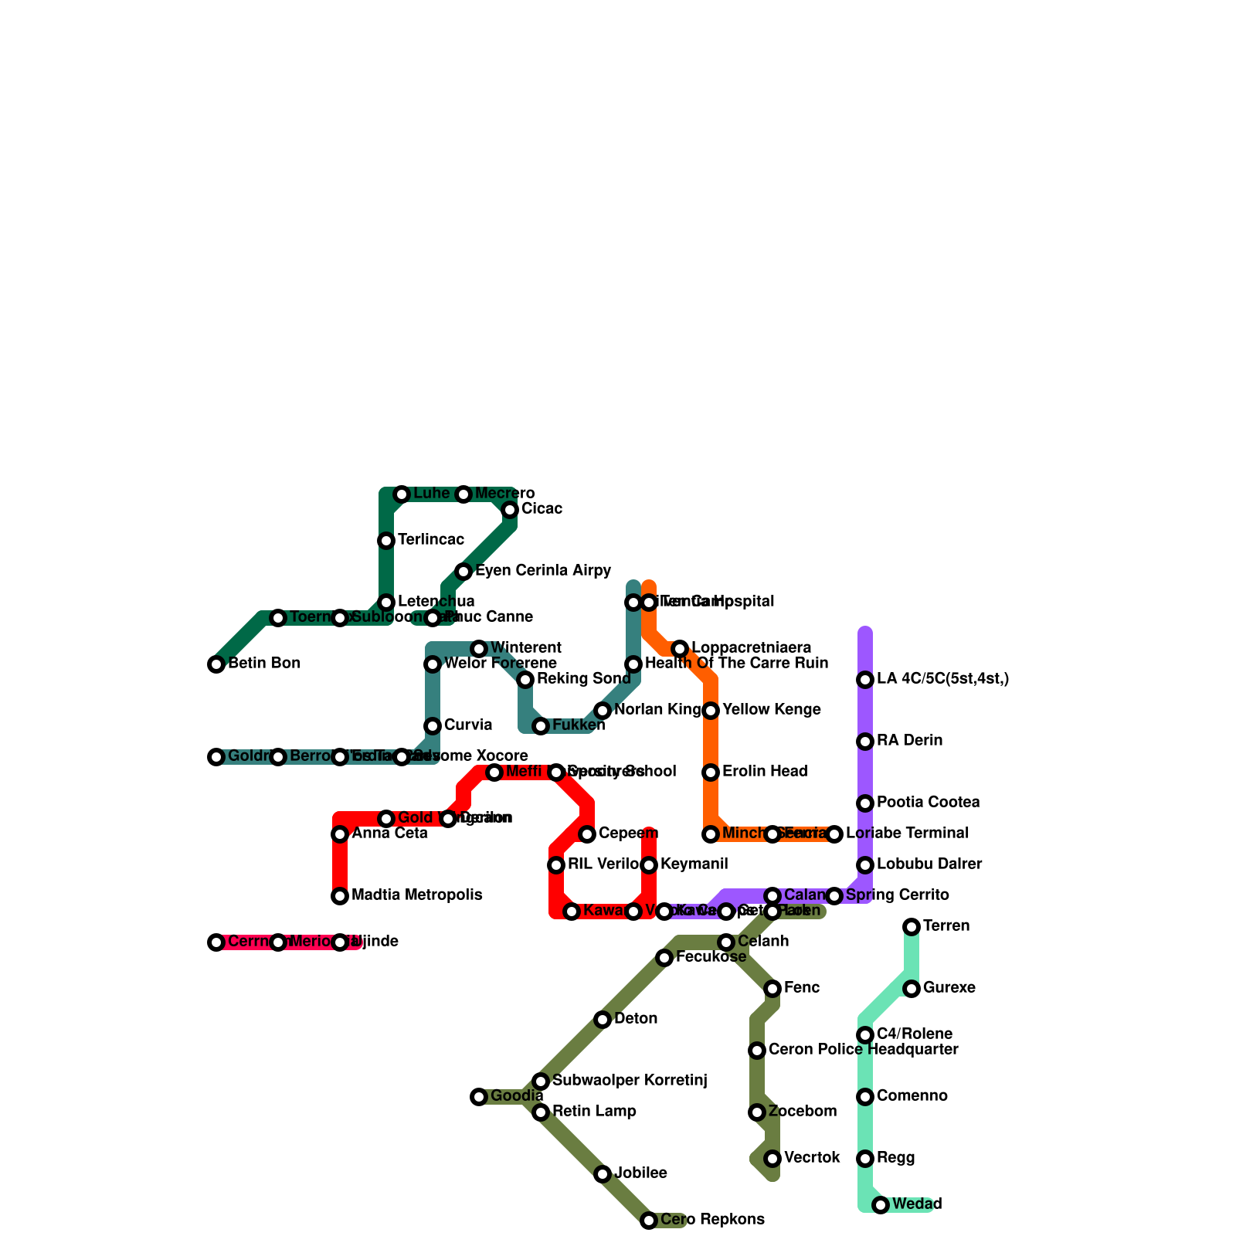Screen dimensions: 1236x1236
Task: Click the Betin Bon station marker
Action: point(216,664)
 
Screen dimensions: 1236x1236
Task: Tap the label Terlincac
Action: point(431,540)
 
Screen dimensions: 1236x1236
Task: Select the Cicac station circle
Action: point(510,510)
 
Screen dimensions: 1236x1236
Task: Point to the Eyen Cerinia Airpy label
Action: point(543,571)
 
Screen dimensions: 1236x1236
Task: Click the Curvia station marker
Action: point(433,726)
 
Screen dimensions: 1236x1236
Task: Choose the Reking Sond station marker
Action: point(525,680)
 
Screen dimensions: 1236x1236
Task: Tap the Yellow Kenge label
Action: point(771,710)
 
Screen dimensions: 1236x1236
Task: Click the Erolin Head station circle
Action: point(711,772)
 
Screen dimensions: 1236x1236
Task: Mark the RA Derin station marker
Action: point(865,742)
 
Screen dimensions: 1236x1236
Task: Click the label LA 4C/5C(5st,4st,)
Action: point(942,679)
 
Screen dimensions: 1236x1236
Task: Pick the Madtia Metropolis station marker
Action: point(340,896)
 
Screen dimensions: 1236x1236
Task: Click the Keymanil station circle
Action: point(649,865)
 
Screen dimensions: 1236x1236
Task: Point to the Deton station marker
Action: point(603,1020)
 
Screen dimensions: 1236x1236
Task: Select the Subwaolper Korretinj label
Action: point(630,1081)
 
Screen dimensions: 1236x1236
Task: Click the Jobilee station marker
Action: point(603,1174)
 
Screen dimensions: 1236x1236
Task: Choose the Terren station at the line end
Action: point(912,927)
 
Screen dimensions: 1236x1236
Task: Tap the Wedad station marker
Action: point(881,1205)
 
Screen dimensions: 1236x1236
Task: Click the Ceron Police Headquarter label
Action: point(863,1050)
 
